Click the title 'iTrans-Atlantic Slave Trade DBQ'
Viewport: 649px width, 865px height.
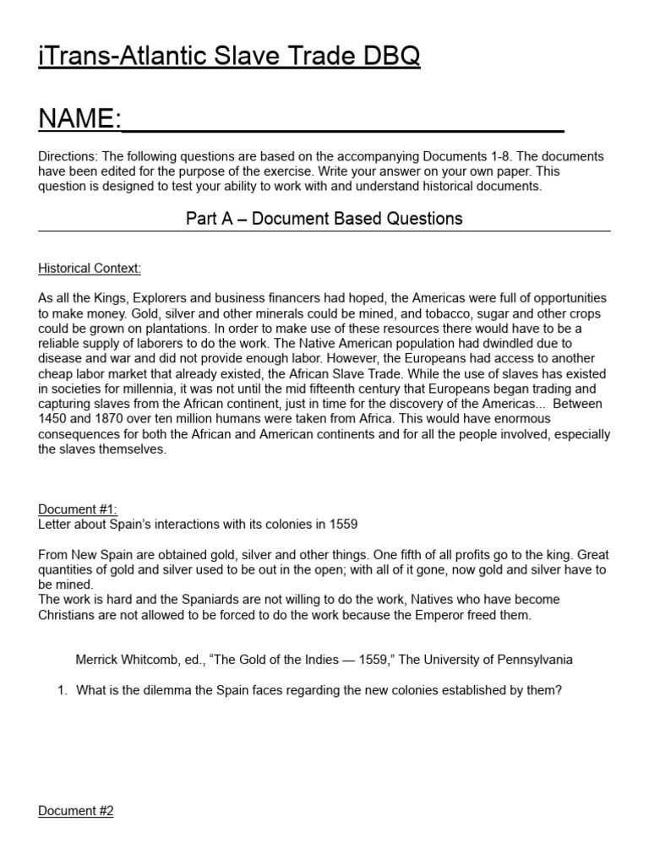[x=229, y=57]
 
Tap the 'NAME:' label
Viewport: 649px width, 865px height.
[x=79, y=119]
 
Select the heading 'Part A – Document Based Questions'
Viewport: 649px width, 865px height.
[x=324, y=218]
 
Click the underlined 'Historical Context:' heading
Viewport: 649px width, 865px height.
[x=90, y=269]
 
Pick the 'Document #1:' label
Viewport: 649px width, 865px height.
[x=78, y=509]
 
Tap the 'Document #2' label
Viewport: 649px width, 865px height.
[x=76, y=811]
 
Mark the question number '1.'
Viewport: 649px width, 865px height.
[x=62, y=690]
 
